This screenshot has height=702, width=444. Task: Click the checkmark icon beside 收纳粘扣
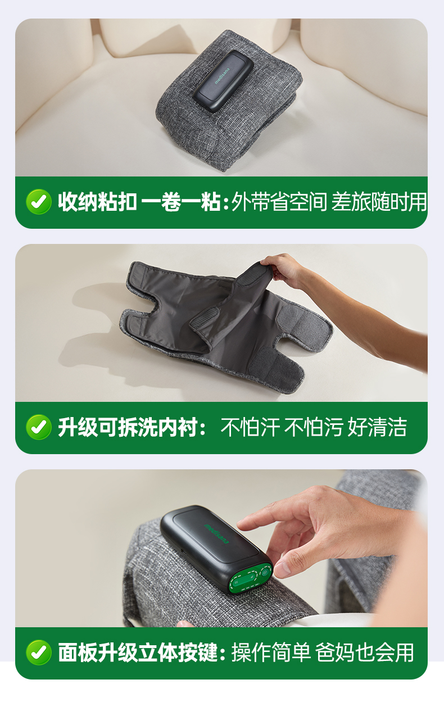39,202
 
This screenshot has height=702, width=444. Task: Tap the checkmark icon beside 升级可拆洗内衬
39,427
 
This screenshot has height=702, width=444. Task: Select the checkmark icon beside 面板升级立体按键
39,653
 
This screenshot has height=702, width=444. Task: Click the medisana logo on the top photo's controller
222,76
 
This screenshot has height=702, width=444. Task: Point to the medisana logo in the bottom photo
216,533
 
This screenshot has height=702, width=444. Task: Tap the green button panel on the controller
250,580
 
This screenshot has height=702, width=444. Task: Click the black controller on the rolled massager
223,81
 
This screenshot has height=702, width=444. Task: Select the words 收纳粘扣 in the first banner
97,202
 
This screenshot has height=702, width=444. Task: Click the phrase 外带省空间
279,202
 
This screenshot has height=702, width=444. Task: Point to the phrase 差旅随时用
379,202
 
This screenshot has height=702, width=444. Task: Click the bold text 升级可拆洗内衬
128,427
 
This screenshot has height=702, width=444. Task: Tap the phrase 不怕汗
250,427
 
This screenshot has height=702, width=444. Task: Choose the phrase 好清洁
377,427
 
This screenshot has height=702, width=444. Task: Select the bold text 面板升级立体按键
138,653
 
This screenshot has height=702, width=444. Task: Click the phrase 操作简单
271,653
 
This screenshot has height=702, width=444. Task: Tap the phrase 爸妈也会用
364,653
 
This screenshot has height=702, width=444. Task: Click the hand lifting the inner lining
284,270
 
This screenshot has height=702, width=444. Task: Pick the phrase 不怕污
314,427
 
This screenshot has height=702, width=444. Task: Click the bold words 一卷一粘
181,202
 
